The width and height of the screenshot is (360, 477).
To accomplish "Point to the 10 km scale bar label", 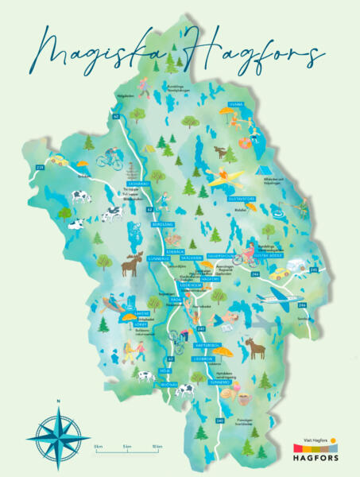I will [157, 448].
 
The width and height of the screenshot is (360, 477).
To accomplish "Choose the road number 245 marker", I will [313, 270].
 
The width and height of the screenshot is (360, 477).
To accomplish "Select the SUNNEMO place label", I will [219, 381].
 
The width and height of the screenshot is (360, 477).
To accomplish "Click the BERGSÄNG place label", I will [162, 225].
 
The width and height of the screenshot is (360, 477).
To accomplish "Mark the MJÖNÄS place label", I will [169, 382].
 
